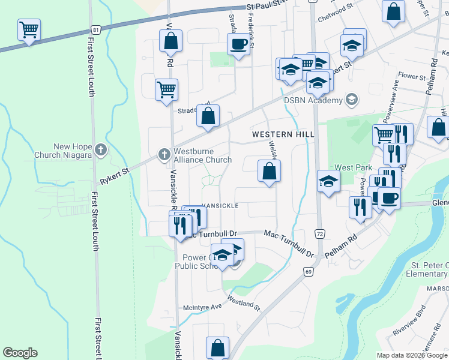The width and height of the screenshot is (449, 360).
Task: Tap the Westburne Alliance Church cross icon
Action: click(164, 155)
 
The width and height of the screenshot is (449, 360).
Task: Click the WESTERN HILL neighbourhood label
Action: click(283, 134)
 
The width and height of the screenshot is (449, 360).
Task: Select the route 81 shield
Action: click(96, 29)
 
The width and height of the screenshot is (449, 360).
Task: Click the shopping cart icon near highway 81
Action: click(29, 29)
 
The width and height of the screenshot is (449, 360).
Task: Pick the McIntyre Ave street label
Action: click(203, 305)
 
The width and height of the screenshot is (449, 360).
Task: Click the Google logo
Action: click(20, 353)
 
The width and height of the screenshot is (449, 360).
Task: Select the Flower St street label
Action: click(412, 77)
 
